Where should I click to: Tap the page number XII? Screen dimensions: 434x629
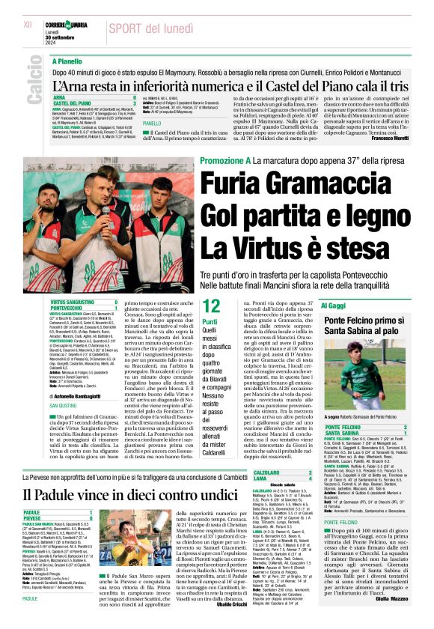pos(28,25)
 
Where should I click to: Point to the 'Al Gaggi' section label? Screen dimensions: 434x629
pos(332,306)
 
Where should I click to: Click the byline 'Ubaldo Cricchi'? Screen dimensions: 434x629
pos(276,604)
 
